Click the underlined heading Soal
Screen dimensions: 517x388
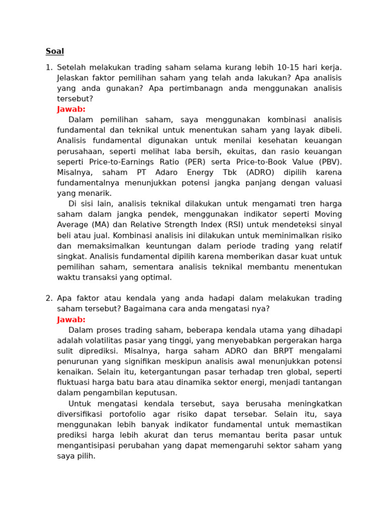pyautogui.click(x=55, y=51)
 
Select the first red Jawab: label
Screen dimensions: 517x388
pyautogui.click(x=71, y=109)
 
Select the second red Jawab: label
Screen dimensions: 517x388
pyautogui.click(x=71, y=320)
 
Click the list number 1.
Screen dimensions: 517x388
pyautogui.click(x=48, y=67)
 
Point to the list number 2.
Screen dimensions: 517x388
pyautogui.click(x=48, y=298)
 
